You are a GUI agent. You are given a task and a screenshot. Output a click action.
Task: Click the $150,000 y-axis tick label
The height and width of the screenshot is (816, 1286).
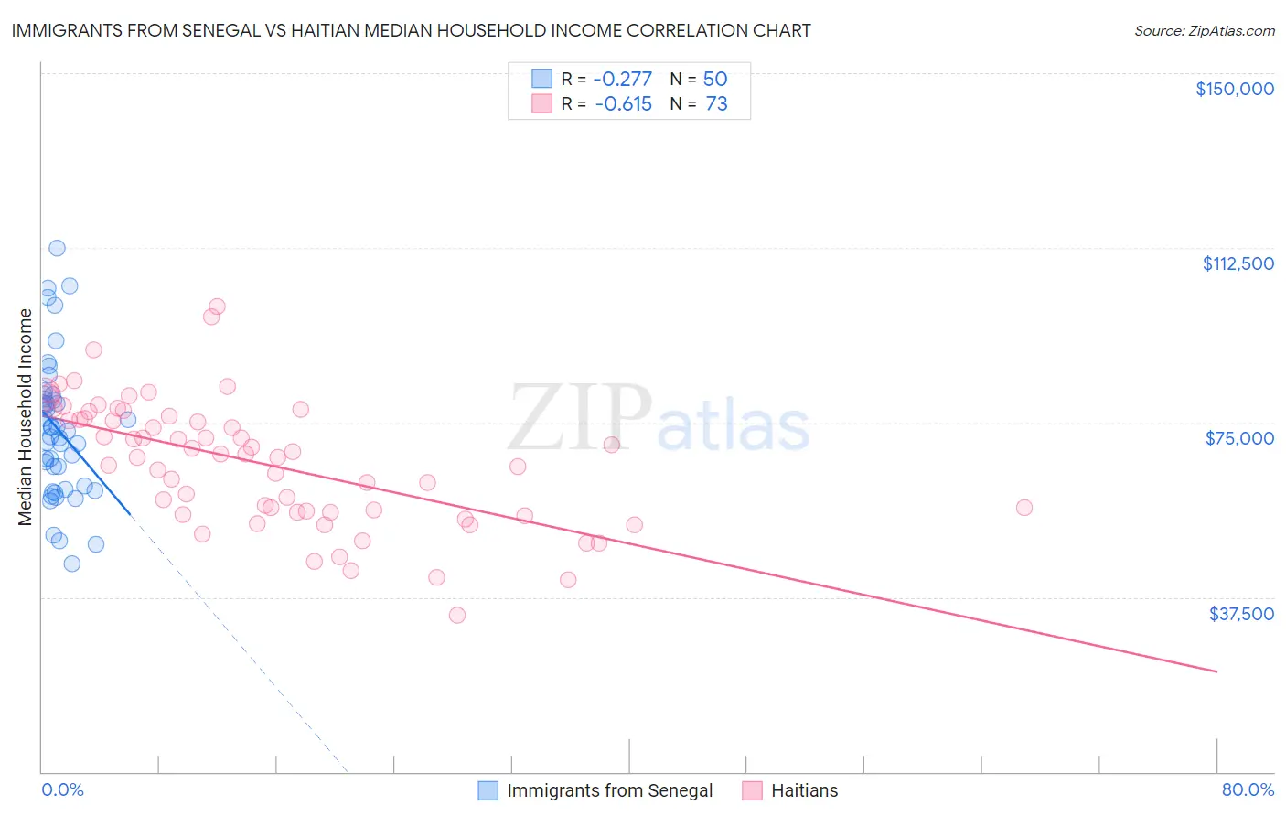click(1234, 89)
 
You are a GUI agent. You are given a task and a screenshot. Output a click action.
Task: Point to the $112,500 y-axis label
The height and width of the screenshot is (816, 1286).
click(1238, 263)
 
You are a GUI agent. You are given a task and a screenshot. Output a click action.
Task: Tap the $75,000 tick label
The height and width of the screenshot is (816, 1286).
click(1239, 438)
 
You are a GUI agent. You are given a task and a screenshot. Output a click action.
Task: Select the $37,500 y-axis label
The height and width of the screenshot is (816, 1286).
click(1241, 614)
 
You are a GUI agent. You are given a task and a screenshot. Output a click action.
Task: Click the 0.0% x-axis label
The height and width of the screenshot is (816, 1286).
click(62, 789)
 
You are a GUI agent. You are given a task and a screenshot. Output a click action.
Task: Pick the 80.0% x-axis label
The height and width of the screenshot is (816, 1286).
click(1248, 789)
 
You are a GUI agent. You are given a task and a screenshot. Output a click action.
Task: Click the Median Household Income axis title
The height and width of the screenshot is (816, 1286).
click(26, 417)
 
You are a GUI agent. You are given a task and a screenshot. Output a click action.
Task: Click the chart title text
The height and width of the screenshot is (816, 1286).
click(411, 30)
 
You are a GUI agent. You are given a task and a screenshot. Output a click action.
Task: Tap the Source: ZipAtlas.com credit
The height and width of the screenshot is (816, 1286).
click(1204, 31)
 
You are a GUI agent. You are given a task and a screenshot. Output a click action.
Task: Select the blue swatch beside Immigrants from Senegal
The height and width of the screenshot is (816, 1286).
click(488, 790)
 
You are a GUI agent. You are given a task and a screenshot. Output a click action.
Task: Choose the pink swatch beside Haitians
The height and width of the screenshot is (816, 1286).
click(752, 790)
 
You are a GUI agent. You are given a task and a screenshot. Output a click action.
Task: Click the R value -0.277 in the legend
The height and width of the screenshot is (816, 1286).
click(623, 80)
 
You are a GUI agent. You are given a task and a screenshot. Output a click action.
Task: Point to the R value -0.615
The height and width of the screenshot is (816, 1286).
click(623, 104)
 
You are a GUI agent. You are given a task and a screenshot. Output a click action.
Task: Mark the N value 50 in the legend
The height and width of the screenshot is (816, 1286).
click(715, 80)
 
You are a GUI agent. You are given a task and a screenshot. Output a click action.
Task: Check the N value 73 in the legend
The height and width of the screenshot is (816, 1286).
click(716, 104)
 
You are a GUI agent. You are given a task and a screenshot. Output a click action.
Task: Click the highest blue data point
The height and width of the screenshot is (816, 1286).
click(57, 248)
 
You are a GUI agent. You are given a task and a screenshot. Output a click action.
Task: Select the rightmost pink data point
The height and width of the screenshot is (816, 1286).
click(1024, 508)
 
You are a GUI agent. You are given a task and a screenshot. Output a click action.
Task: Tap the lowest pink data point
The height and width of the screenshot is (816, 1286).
click(457, 615)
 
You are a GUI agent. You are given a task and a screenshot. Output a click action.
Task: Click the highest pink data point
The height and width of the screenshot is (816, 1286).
click(217, 306)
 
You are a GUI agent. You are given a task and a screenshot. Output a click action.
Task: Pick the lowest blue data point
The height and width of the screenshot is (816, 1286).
click(72, 564)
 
